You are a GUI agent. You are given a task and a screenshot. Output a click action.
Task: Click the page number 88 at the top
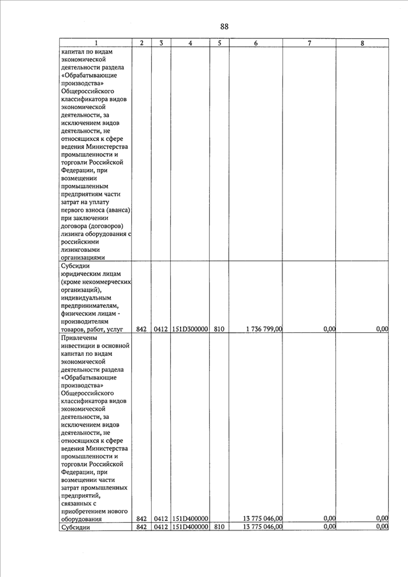coord(224,26)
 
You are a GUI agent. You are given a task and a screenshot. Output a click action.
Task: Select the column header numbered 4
coord(191,43)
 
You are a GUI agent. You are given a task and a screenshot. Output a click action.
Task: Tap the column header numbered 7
coord(309,43)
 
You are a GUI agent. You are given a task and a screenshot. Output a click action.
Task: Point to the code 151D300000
coord(191,329)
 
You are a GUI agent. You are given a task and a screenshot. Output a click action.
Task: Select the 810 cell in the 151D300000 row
coord(219,329)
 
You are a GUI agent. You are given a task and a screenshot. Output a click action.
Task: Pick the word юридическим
coord(82,273)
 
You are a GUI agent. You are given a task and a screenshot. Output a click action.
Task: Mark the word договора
coord(75,226)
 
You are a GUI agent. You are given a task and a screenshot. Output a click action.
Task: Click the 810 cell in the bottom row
coord(219,527)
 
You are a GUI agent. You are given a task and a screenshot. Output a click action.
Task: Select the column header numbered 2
coord(142,43)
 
